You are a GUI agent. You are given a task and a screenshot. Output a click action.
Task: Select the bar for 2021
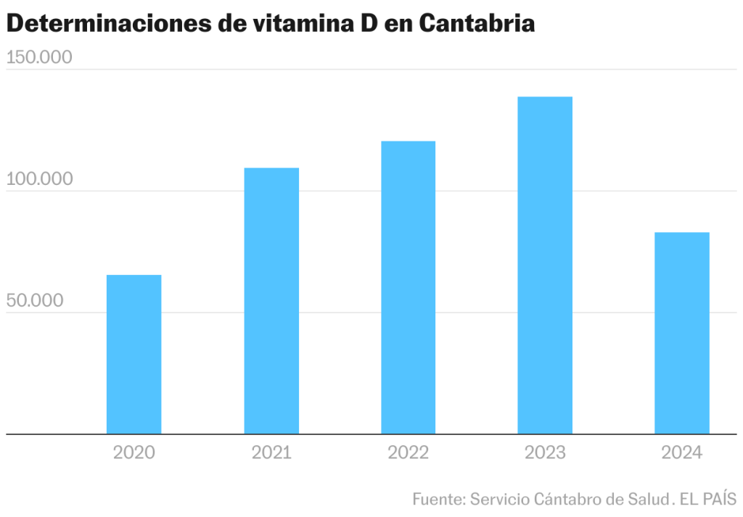point(271,301)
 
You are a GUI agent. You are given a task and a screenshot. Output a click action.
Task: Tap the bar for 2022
point(408,287)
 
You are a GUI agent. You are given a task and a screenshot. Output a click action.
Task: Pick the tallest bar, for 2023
point(545,265)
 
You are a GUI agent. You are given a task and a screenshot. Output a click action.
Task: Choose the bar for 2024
point(681,333)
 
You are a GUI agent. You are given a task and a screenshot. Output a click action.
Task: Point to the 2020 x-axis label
point(134,453)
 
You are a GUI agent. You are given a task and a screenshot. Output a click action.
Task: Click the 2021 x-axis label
point(271,453)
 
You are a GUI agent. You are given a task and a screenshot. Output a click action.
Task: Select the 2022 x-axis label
point(408,453)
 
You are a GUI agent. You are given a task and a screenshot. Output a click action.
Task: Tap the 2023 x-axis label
point(545,453)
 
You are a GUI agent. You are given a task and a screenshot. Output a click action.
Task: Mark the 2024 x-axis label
point(681,453)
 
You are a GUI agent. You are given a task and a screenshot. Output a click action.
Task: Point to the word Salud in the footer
point(646,500)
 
